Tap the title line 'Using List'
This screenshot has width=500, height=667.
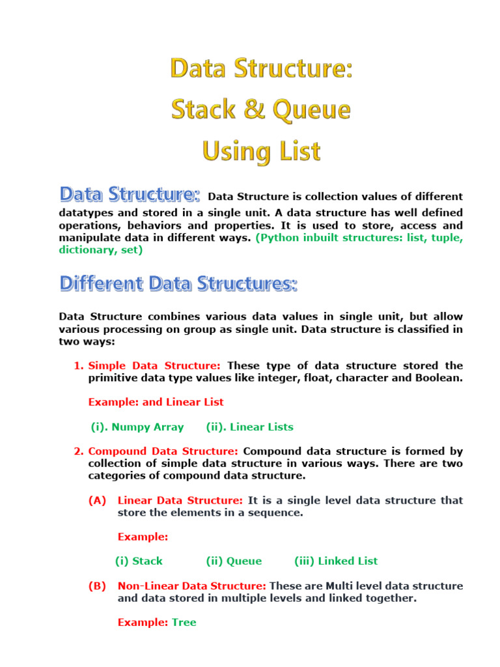[261, 152]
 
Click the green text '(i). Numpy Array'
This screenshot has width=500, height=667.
[137, 427]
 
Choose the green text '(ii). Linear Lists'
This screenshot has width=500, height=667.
[249, 427]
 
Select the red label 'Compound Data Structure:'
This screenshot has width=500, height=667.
[163, 451]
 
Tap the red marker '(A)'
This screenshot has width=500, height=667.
[97, 500]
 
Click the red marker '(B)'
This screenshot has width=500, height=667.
[97, 586]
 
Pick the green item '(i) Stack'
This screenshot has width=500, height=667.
[139, 561]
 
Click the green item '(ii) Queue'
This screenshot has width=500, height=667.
[234, 561]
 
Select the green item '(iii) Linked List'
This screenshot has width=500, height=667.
[336, 561]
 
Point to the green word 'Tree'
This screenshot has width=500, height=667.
[184, 623]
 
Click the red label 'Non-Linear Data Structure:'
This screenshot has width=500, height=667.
[192, 586]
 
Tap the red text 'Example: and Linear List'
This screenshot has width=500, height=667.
[156, 403]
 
